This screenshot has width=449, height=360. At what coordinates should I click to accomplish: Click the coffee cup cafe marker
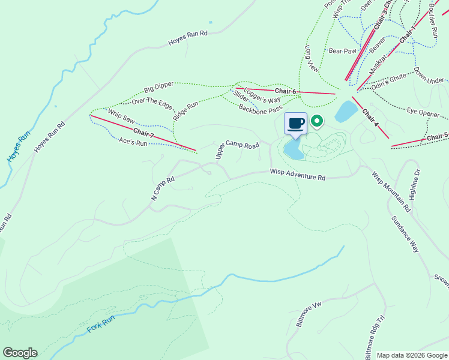295,124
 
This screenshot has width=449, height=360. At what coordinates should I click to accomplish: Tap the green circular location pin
316,122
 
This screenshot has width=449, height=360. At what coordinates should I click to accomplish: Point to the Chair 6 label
286,91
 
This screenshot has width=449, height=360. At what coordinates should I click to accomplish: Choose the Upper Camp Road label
237,151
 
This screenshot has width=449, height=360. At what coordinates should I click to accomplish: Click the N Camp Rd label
162,188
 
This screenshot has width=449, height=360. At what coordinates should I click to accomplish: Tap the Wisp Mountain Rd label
391,193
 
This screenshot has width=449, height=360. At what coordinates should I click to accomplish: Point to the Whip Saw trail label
121,116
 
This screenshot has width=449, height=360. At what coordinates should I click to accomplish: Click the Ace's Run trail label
133,142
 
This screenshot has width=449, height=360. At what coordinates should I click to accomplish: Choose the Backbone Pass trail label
260,109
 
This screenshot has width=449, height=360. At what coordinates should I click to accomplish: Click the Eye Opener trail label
423,112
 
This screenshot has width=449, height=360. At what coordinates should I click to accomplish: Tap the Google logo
20,353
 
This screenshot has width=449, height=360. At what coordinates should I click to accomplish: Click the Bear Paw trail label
342,51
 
